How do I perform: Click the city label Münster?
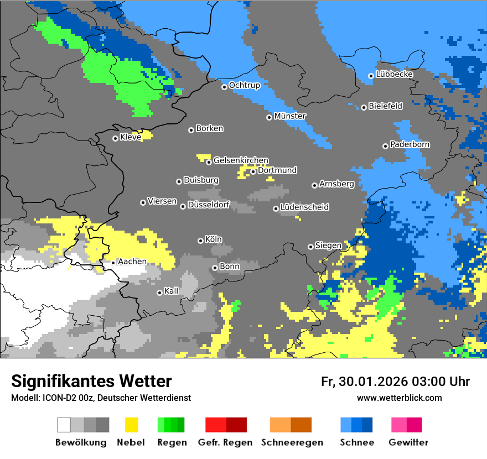(x=290, y=116)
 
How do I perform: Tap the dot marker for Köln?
(x=200, y=241)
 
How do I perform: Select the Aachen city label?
(x=132, y=262)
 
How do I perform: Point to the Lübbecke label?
(x=394, y=74)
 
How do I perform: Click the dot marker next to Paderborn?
(x=385, y=146)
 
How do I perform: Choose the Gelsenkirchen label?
(x=241, y=160)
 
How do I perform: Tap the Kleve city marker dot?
(x=115, y=138)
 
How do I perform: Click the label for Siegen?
(x=328, y=246)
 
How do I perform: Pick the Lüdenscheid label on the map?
(x=304, y=207)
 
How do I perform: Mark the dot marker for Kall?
(x=159, y=293)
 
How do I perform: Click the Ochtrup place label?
(x=244, y=85)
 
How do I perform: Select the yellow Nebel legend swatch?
(x=132, y=425)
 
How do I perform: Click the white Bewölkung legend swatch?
(x=64, y=425)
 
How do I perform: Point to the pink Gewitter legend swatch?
(x=399, y=425)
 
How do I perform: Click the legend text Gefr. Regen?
(x=225, y=442)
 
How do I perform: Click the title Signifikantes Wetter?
(x=91, y=381)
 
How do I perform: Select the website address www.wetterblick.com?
(x=399, y=398)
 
